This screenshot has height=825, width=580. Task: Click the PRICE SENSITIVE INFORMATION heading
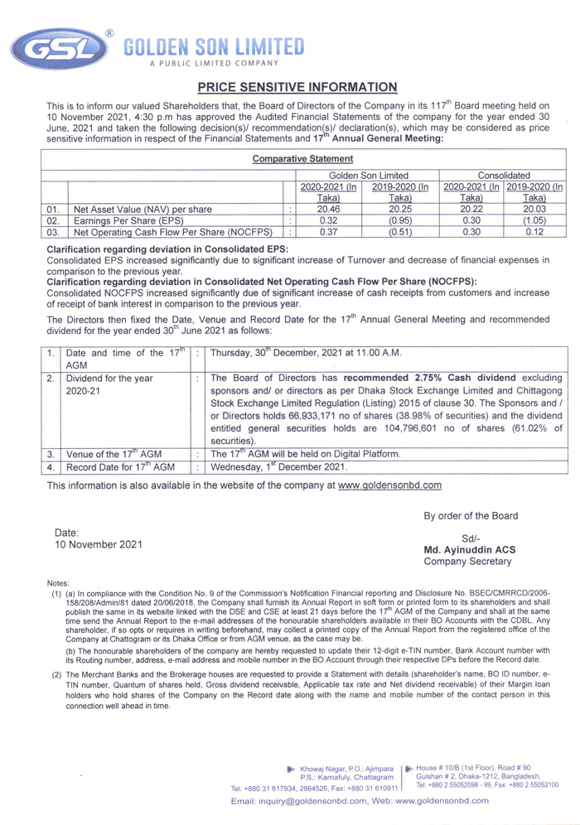tap(297, 87)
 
